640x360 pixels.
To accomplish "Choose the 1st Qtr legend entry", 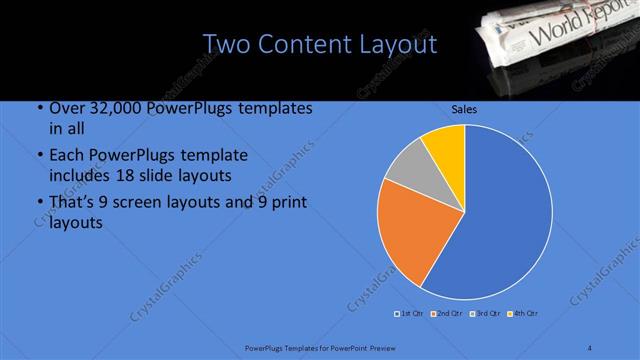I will point(410,314).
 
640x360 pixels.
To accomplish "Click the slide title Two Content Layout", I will point(319,44).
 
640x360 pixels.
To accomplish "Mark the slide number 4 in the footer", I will point(589,347).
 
